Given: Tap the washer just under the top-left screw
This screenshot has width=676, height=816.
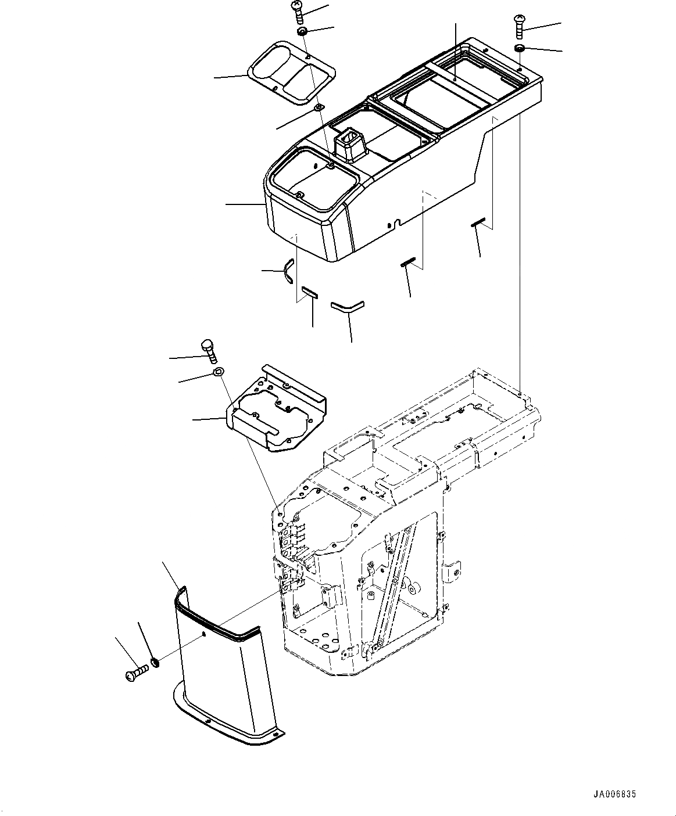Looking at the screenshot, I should point(302,31).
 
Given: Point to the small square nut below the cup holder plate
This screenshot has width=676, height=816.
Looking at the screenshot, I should point(318,108).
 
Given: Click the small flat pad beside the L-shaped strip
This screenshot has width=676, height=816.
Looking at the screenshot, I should point(309,292).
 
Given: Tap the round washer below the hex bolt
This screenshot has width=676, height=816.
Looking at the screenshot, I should point(218,372).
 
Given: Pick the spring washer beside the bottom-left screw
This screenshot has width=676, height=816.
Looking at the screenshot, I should point(155,662).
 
